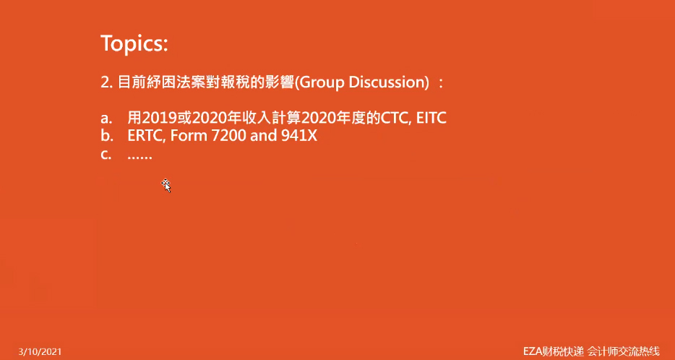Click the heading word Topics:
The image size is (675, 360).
click(x=134, y=43)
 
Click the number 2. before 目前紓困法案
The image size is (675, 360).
click(x=107, y=82)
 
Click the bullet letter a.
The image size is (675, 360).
click(x=106, y=118)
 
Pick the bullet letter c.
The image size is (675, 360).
click(x=106, y=155)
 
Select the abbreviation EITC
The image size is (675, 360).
click(x=431, y=118)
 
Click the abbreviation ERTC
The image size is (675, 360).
click(x=147, y=136)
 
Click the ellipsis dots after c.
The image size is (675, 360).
click(x=140, y=158)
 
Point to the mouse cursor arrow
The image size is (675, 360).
click(x=166, y=185)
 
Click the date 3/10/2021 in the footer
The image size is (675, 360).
click(x=40, y=352)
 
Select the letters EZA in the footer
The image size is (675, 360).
click(x=532, y=351)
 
